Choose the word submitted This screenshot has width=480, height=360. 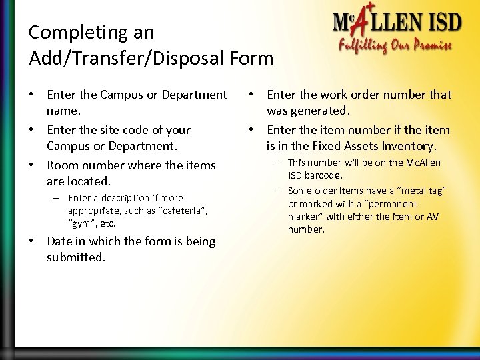pyautogui.click(x=77, y=257)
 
